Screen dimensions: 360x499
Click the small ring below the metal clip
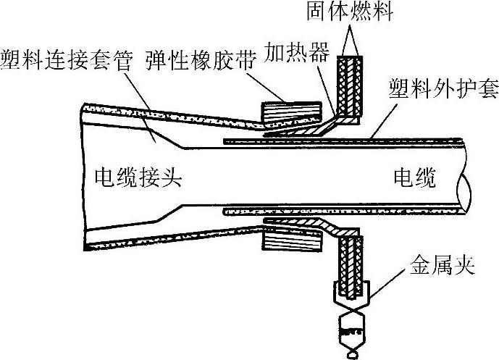pos(353,356)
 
